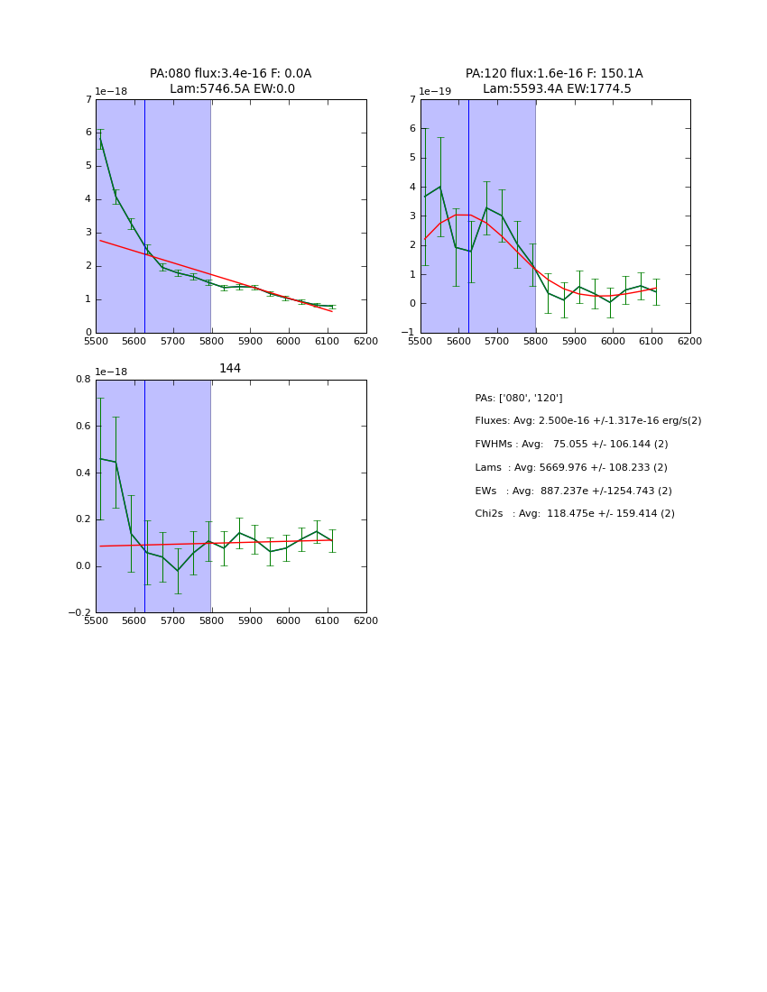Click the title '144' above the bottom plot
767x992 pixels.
click(230, 369)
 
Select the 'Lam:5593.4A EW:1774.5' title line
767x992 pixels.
click(557, 89)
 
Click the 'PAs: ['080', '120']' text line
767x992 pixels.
click(518, 398)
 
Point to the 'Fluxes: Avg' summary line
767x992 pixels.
click(587, 421)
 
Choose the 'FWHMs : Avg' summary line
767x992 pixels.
click(571, 445)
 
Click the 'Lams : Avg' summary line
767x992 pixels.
click(571, 468)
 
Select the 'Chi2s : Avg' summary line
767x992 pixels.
click(575, 514)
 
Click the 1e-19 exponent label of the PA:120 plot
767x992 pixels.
click(435, 92)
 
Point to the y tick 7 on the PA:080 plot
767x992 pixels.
click(88, 99)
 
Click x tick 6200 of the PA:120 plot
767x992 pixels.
click(690, 342)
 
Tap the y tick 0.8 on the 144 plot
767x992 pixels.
click(83, 380)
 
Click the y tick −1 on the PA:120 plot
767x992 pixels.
click(410, 333)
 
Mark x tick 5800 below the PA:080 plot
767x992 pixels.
click(211, 342)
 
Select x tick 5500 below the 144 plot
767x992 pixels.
click(96, 621)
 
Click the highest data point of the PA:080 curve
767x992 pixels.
click(100, 139)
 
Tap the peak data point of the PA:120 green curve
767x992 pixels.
click(440, 187)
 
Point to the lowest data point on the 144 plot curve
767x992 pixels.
click(178, 571)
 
